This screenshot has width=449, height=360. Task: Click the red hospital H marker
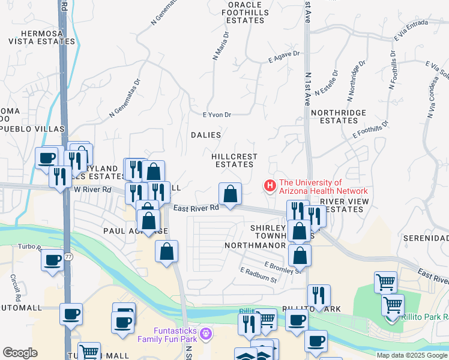pyautogui.click(x=270, y=187)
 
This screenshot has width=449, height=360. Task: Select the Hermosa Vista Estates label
pyautogui.click(x=41, y=37)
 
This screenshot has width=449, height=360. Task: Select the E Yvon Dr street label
pyautogui.click(x=217, y=115)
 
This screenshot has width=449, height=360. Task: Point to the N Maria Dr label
pyautogui.click(x=220, y=46)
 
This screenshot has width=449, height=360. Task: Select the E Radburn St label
pyautogui.click(x=258, y=275)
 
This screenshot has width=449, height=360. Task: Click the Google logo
pyautogui.click(x=20, y=353)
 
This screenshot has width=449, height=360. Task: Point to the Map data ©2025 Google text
pyautogui.click(x=412, y=355)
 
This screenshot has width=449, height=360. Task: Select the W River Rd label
pyautogui.click(x=92, y=190)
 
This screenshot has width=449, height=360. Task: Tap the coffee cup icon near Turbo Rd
pyautogui.click(x=52, y=260)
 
